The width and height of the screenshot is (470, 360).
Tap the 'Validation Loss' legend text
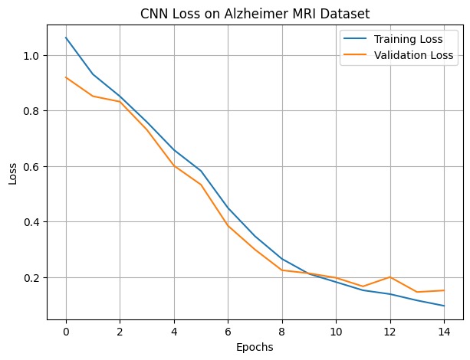[415, 54]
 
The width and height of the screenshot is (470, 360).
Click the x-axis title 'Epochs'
[255, 347]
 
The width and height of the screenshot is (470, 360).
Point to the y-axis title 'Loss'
[12, 173]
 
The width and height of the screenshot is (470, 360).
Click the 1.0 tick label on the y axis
[32, 56]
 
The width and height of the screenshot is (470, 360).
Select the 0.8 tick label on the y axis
[32, 111]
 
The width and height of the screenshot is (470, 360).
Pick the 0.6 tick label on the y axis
[32, 166]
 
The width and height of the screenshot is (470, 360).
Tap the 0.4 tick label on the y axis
[32, 222]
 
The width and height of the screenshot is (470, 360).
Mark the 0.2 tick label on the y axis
[32, 277]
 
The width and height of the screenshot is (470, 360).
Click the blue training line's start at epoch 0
[66, 38]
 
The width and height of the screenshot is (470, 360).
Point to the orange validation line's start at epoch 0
[66, 77]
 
